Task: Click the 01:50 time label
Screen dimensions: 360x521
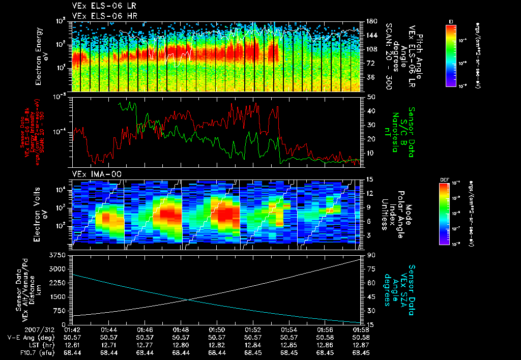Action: click(x=217, y=330)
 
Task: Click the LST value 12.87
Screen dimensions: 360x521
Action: click(x=361, y=345)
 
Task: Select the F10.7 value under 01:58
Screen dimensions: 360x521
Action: click(x=361, y=352)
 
